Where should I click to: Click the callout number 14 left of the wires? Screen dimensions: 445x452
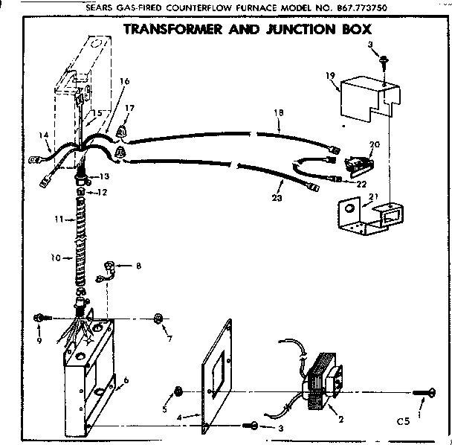click(44, 136)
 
